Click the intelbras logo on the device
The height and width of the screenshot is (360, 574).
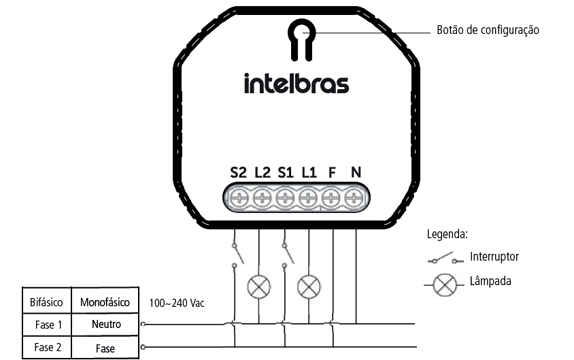coord(297,84)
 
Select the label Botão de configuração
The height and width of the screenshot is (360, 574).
coord(488,30)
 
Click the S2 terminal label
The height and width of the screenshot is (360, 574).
coord(238,172)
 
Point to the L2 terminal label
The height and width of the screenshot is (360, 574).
coord(263,172)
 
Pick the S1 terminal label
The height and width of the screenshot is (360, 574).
coord(286,172)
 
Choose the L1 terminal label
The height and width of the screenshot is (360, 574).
coord(309,172)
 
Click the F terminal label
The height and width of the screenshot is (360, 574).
coord(332,172)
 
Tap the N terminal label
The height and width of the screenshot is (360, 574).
coord(356,172)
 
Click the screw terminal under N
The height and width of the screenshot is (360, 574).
coord(354,198)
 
